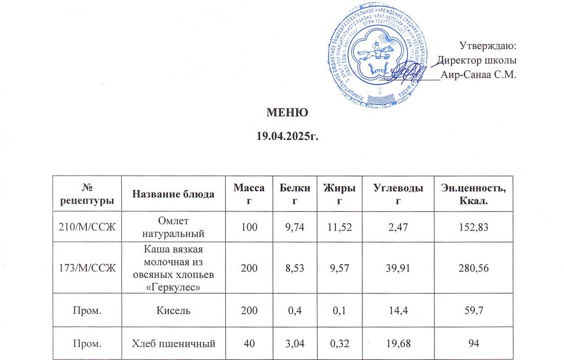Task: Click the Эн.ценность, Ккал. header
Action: pos(476,193)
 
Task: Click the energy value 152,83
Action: pos(476,226)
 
